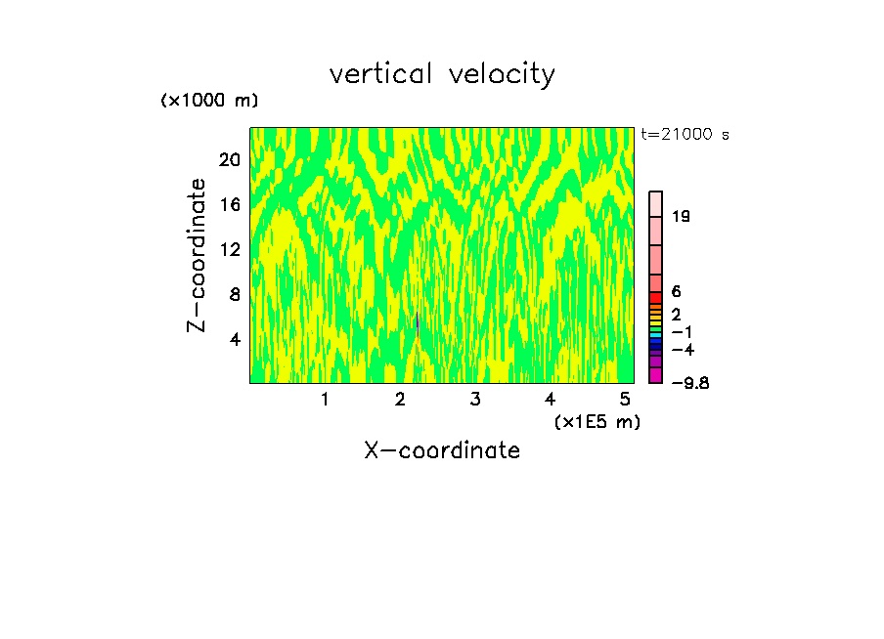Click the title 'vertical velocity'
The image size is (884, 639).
(442, 74)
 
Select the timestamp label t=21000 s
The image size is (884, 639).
(685, 135)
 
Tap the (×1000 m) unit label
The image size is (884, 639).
(209, 101)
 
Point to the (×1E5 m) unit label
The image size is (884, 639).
(597, 421)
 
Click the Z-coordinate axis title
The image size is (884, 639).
(198, 255)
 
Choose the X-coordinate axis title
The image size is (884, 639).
(442, 450)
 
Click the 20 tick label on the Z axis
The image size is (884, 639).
(230, 159)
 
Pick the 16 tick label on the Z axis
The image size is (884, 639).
(230, 204)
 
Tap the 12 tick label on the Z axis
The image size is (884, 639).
(230, 249)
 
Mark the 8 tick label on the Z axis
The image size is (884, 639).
(235, 294)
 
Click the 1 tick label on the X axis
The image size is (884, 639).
(325, 399)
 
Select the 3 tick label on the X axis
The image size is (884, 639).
(474, 399)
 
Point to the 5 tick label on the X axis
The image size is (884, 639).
(624, 399)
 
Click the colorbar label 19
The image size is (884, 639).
(682, 216)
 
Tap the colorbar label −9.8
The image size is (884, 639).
(688, 382)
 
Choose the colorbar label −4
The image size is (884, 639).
(683, 349)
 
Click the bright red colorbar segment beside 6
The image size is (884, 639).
(656, 298)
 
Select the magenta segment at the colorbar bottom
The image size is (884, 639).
(656, 375)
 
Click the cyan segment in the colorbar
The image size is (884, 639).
(656, 334)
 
